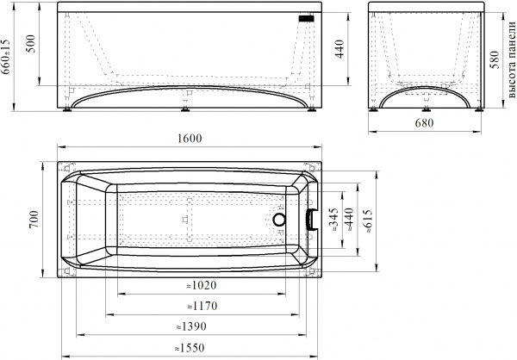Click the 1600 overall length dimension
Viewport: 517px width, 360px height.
[x=190, y=138]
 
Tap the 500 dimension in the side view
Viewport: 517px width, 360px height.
[x=31, y=43]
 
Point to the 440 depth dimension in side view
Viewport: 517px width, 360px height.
[x=339, y=49]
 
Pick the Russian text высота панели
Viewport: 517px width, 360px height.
[x=511, y=59]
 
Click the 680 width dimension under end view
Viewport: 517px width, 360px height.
[x=424, y=123]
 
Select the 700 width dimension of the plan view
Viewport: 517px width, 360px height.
[x=34, y=220]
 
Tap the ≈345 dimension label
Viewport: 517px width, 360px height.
[x=333, y=220]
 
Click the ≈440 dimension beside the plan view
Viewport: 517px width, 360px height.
[x=348, y=220]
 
